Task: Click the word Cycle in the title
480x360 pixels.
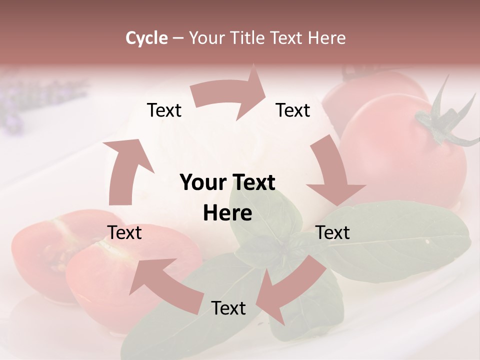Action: point(146,38)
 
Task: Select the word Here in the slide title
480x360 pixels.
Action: point(326,38)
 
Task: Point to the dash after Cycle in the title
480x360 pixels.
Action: point(178,38)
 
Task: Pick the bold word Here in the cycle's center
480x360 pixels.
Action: point(227,213)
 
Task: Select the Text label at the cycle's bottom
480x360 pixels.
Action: point(228,308)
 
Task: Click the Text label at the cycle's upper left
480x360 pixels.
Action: point(164,110)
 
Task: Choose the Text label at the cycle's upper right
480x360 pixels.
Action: point(293,110)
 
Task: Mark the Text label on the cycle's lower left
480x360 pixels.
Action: point(124,232)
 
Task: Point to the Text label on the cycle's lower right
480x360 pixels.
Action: point(333,232)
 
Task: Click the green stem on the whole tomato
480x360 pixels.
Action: point(440,120)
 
